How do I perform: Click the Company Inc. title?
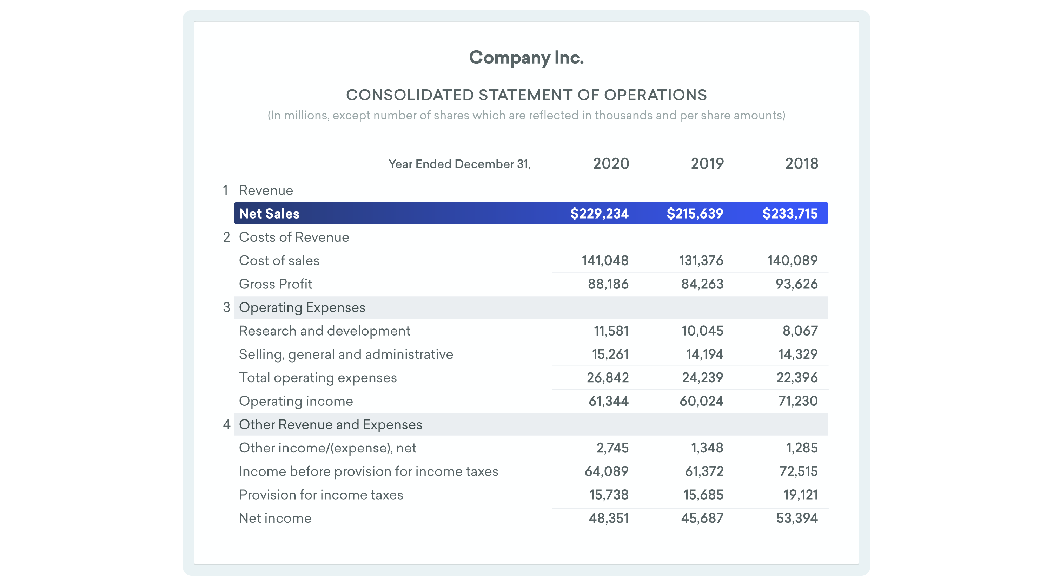(526, 58)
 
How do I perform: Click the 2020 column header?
(611, 164)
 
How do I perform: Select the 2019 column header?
(707, 164)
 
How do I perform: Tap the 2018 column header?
(801, 164)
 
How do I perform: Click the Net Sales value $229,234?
(599, 214)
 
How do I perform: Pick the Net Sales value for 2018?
(789, 214)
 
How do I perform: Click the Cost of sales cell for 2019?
(701, 261)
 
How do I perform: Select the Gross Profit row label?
(275, 284)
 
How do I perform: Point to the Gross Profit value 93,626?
(796, 284)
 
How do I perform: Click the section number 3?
(226, 307)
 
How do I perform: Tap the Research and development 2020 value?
(611, 331)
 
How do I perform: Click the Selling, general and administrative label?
(346, 354)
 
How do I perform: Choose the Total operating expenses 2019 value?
(702, 378)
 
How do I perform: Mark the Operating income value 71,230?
(797, 401)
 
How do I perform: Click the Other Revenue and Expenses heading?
(330, 424)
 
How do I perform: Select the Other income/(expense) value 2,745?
(612, 448)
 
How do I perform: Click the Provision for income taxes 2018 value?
(800, 495)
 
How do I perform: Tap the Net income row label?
(275, 519)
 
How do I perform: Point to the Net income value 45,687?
(702, 519)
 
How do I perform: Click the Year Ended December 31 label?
(459, 164)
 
